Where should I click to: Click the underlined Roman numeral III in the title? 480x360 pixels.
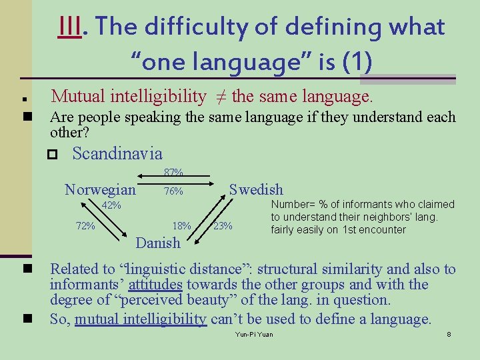click(x=70, y=27)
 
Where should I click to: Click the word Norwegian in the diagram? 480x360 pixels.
click(x=100, y=190)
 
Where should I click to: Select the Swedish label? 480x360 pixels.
click(x=256, y=190)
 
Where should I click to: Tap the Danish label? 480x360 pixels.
click(x=158, y=243)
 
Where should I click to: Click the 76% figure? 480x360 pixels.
click(x=173, y=192)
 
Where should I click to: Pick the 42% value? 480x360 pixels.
click(x=111, y=206)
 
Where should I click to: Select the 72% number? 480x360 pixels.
click(x=85, y=226)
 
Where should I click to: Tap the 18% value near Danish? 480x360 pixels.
click(x=182, y=226)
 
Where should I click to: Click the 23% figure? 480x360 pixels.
click(x=223, y=226)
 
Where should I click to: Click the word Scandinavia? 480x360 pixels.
click(x=117, y=154)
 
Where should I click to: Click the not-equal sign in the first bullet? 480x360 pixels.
click(x=219, y=98)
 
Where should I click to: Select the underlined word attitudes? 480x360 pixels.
click(x=155, y=285)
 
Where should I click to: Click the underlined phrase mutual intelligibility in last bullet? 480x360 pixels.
click(x=141, y=319)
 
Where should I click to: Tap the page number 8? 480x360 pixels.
click(x=449, y=333)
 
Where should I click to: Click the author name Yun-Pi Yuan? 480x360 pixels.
click(x=255, y=333)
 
